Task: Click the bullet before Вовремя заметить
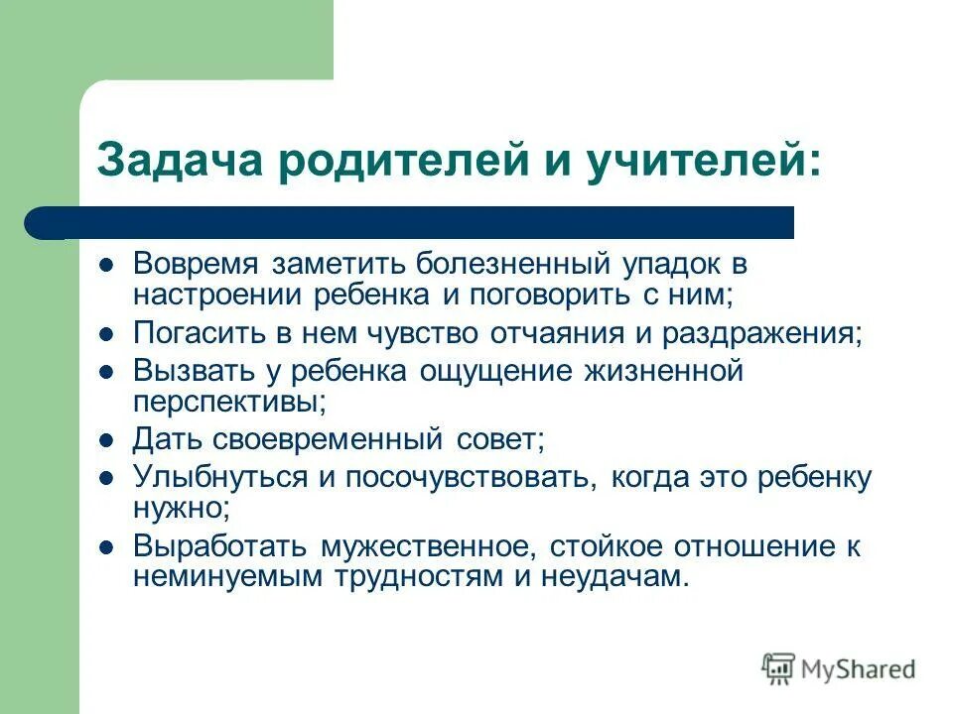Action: tap(106, 267)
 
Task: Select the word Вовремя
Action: tap(197, 266)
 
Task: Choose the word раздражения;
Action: tap(786, 332)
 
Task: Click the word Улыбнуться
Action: tap(219, 477)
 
